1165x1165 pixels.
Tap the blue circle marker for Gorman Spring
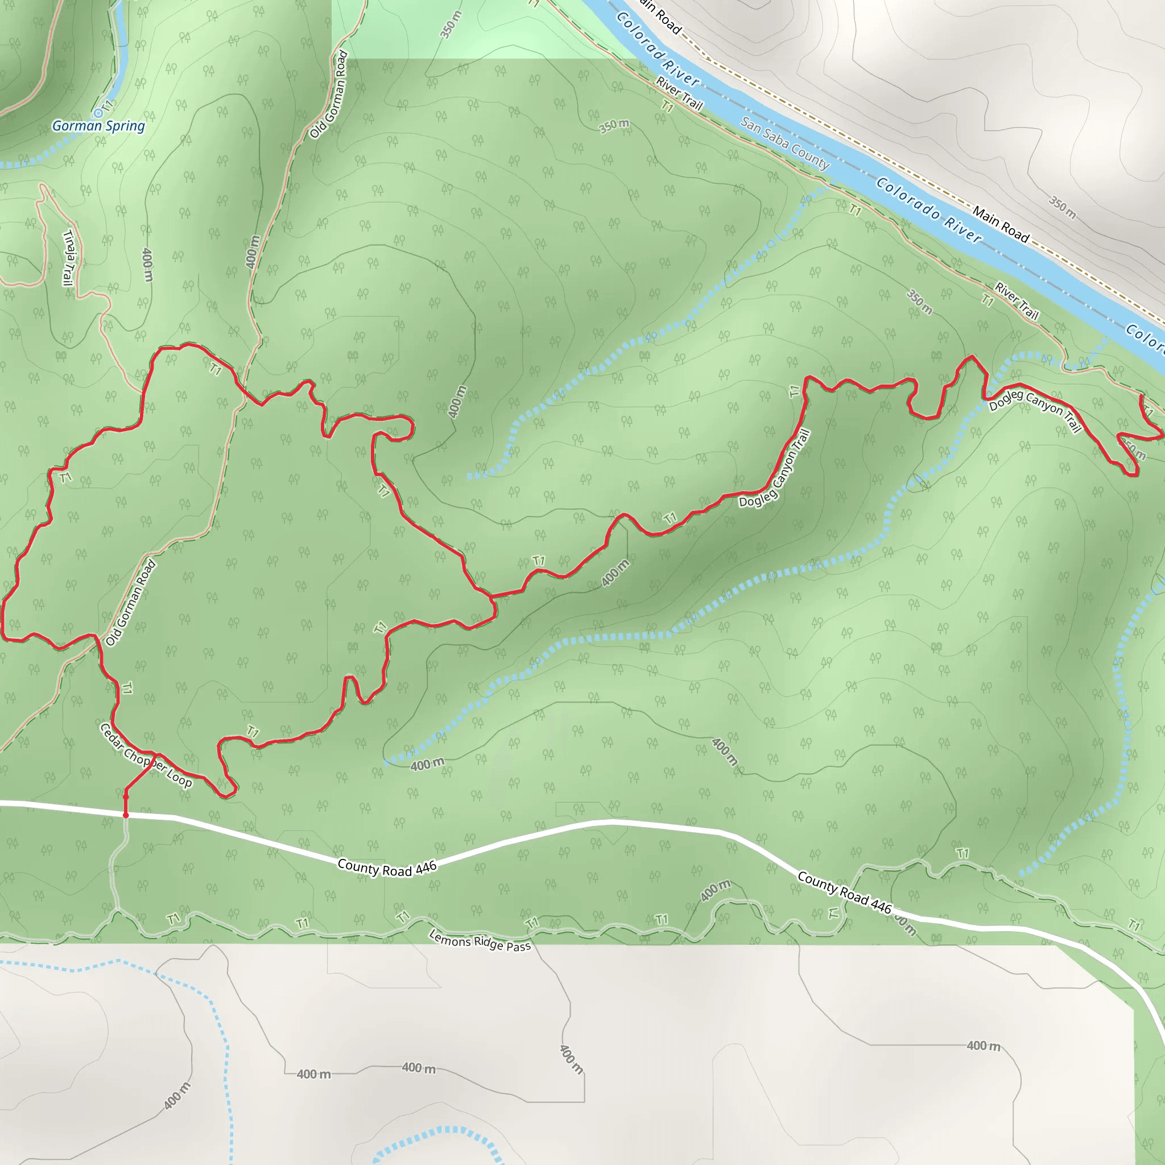click(98, 113)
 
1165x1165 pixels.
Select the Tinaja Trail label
click(69, 258)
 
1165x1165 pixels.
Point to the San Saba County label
click(785, 143)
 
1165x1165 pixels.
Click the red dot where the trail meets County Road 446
click(125, 815)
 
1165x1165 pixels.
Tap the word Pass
click(519, 946)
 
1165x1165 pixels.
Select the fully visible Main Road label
click(1001, 224)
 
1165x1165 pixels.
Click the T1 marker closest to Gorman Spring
click(108, 106)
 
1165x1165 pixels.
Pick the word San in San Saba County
click(751, 125)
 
